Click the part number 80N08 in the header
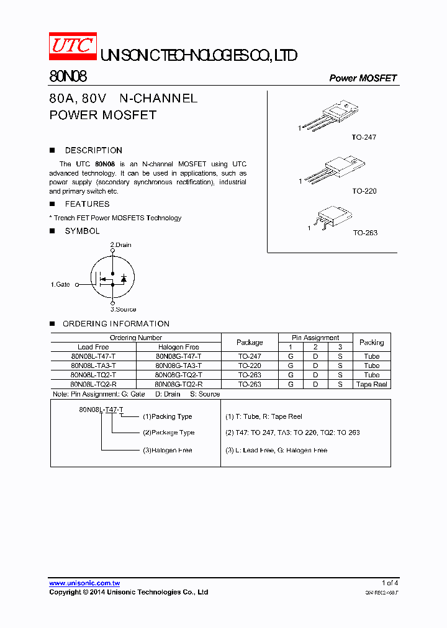(68, 77)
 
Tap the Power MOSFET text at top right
(363, 78)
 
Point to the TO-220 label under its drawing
(364, 191)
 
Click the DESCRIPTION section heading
(93, 150)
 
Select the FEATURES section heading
(87, 204)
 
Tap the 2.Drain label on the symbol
(121, 245)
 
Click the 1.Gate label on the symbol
(60, 284)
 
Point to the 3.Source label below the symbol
(123, 309)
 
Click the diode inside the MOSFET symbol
(124, 279)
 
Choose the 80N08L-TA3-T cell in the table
(93, 366)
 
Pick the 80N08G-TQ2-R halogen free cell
(178, 384)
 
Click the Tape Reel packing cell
(372, 384)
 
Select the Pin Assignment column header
(315, 338)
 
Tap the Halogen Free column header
(178, 347)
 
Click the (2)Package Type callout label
(168, 433)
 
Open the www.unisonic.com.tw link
(84, 583)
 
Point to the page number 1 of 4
(390, 583)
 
